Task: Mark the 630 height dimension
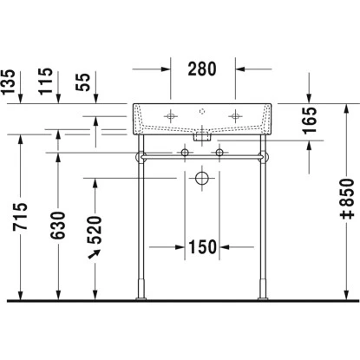coord(58,224)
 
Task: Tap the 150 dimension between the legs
coord(201,247)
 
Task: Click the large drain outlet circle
coord(201,178)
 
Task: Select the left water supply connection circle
coord(185,154)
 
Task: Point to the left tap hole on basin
coord(171,115)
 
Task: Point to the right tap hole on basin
coord(232,115)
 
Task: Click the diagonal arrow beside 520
coord(94,252)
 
